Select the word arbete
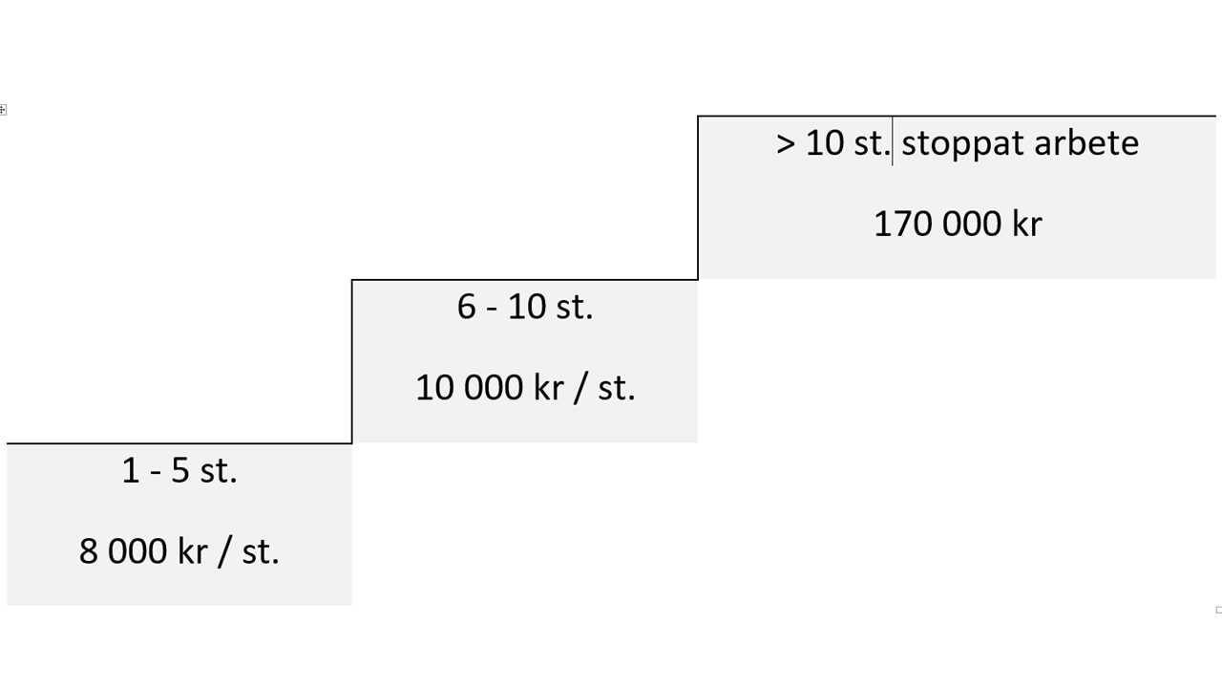pos(1086,143)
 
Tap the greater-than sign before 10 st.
pos(785,144)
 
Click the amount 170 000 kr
pos(958,224)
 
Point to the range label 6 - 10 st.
pos(525,307)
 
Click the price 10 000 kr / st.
pos(525,388)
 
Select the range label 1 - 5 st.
pos(179,470)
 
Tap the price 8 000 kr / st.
pos(179,551)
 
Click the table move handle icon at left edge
pos(3,110)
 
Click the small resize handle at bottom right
pos(1219,610)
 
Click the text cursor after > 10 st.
pos(893,140)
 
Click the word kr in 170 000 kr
pos(1026,224)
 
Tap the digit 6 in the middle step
pos(467,307)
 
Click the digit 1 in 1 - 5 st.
pos(131,471)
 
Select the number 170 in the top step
pos(902,225)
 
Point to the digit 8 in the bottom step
pos(89,552)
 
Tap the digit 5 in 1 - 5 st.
pos(180,471)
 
